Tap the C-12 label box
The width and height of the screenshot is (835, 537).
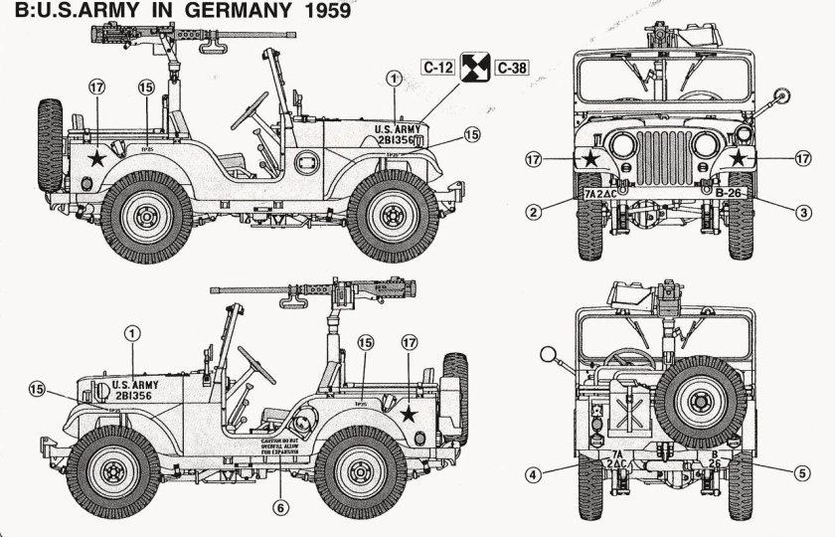(438, 69)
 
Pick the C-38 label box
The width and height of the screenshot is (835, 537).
(513, 69)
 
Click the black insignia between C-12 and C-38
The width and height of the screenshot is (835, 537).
(475, 69)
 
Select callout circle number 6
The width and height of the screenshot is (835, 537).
(279, 506)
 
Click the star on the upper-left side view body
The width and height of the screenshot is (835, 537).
(96, 157)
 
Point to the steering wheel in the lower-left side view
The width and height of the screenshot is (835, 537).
(256, 364)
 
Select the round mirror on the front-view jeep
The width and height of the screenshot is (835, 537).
(781, 97)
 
